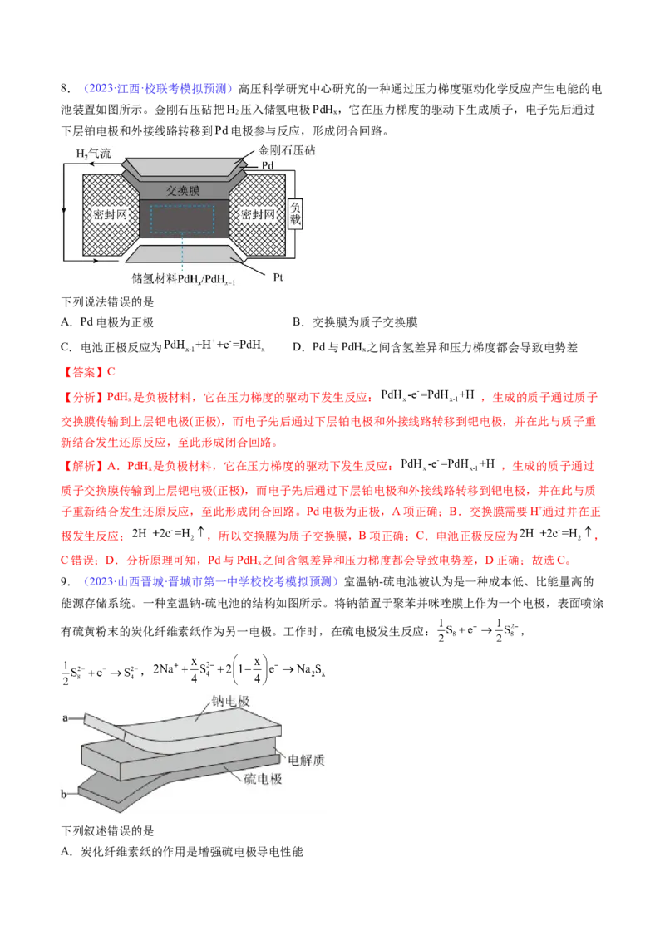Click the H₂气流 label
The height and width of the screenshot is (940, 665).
92,154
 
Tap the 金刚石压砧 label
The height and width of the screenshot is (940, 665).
288,151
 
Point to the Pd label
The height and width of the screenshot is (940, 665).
267,166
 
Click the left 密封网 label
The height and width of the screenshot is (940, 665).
109,214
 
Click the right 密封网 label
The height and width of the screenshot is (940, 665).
259,214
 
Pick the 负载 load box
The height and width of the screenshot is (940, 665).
295,214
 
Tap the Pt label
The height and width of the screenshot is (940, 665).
279,278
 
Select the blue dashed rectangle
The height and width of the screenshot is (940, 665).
182,219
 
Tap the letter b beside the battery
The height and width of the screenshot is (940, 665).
64,795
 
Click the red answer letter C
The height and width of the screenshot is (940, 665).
106,370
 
